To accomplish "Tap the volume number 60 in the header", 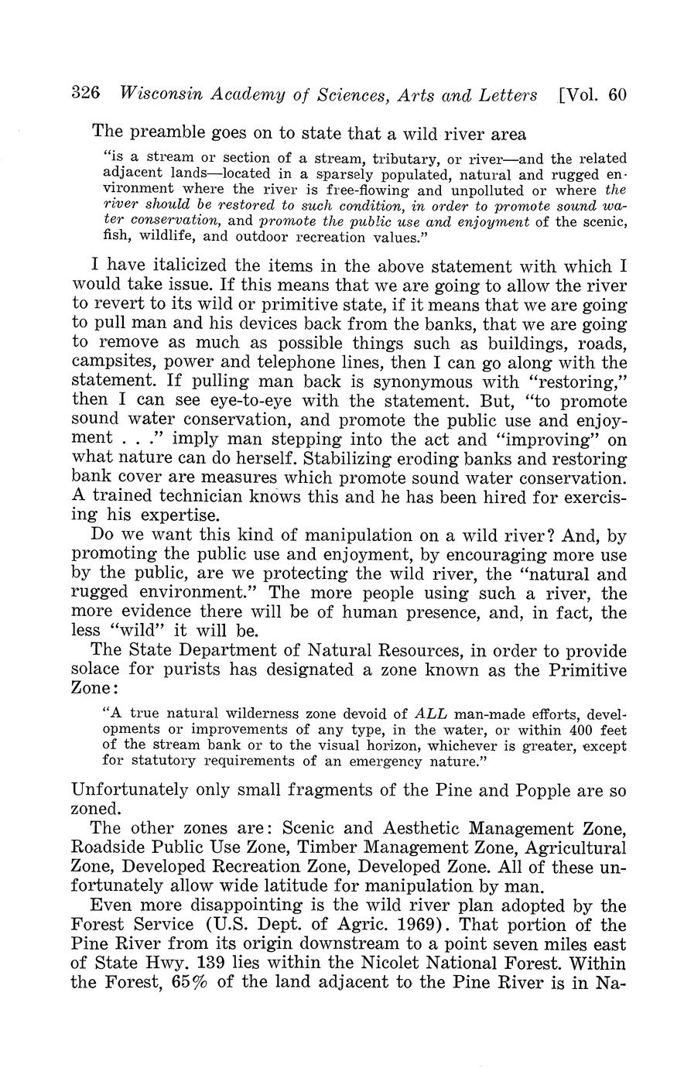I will [617, 94].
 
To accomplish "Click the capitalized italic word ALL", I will [431, 714].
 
